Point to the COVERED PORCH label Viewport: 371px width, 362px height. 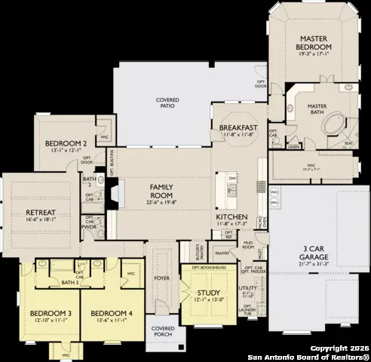[164, 332]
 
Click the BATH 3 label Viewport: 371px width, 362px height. [72, 281]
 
